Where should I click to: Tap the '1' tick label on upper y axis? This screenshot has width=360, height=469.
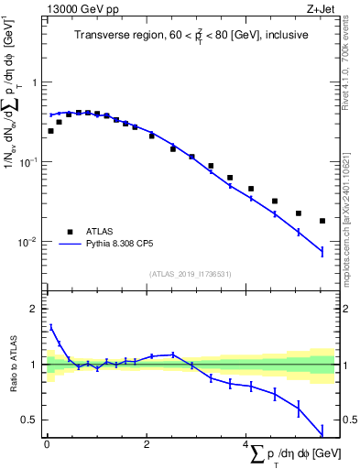coord(34,82)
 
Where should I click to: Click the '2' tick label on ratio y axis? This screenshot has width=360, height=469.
coord(34,309)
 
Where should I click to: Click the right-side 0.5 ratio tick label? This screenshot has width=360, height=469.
coord(349,420)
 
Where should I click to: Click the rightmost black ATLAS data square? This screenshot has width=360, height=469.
coord(322,221)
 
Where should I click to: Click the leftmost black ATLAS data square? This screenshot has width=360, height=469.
coord(50,131)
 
